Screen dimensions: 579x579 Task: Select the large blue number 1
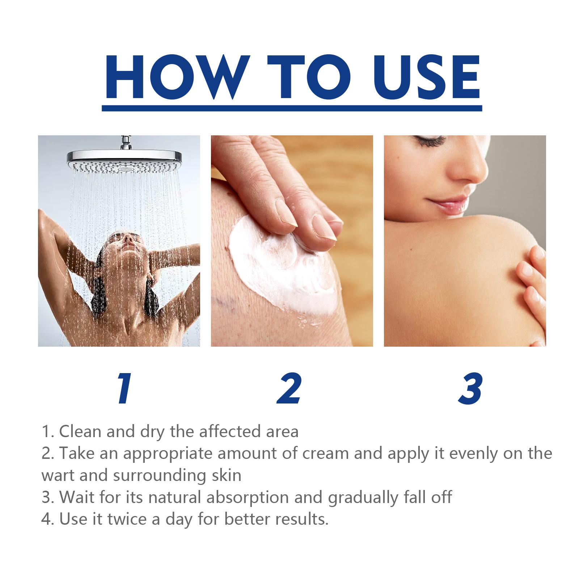click(124, 389)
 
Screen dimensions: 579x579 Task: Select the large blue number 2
click(289, 389)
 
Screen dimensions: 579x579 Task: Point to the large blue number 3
click(470, 389)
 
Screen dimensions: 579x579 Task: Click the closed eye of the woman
click(431, 142)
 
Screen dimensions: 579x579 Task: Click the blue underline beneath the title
click(292, 108)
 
